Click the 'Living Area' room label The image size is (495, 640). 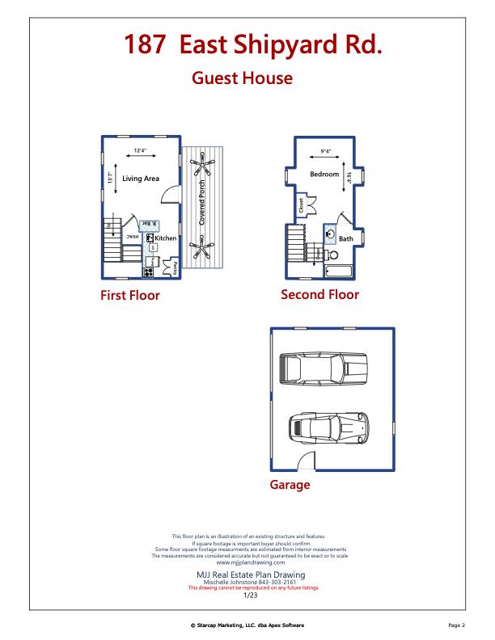141,179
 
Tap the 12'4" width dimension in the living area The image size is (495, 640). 141,150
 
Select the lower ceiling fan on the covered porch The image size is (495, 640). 201,245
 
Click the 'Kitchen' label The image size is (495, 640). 166,238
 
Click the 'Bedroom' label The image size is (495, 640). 324,175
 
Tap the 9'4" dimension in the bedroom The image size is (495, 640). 326,151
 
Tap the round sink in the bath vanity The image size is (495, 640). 331,234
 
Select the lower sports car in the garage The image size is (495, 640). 328,427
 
